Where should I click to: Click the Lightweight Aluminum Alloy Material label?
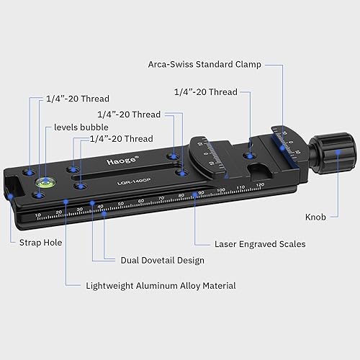pyautogui.click(x=161, y=286)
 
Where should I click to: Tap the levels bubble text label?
pyautogui.click(x=81, y=127)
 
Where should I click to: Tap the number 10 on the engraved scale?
pyautogui.click(x=37, y=215)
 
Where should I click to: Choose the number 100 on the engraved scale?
pyautogui.click(x=220, y=191)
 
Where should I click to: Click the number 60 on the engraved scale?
pyautogui.click(x=140, y=201)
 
